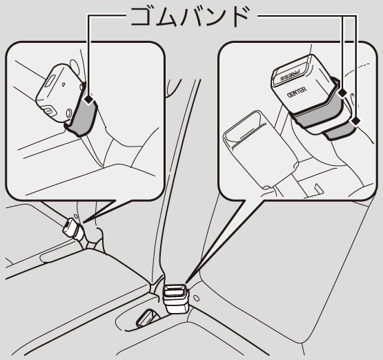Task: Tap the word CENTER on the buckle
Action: point(297,92)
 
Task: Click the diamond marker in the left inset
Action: point(88,100)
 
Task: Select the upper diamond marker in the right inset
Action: point(343,93)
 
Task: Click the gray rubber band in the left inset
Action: point(82,115)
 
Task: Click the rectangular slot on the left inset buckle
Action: point(50,82)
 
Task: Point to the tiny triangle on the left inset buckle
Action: point(63,84)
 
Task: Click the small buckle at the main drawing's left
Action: point(73,230)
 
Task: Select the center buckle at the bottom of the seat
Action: point(177,299)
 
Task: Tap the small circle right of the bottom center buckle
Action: point(196,299)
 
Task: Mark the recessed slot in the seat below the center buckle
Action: point(146,318)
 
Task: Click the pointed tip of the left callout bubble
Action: point(84,222)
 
